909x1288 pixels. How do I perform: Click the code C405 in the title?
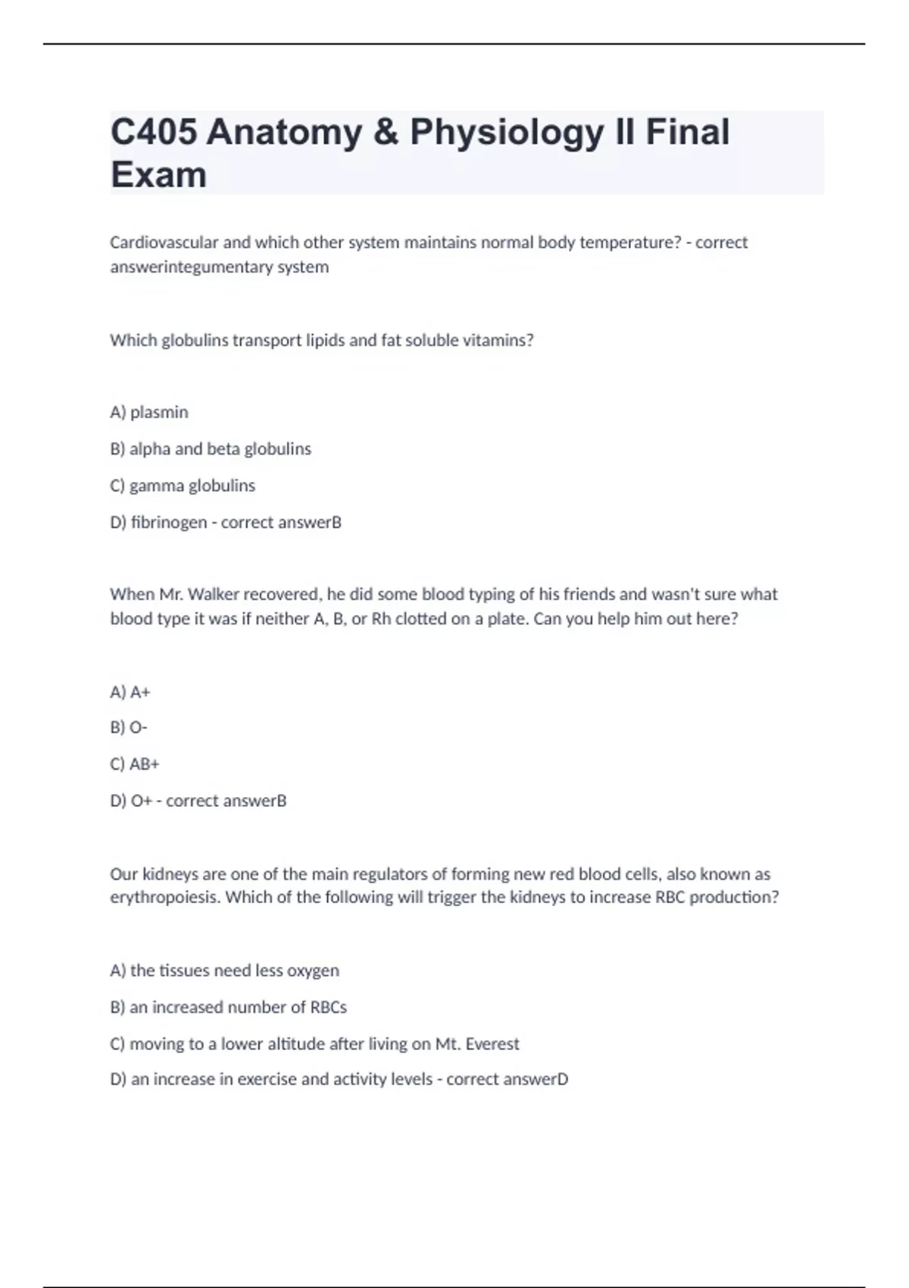pyautogui.click(x=154, y=133)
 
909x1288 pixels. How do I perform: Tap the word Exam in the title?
pyautogui.click(x=158, y=175)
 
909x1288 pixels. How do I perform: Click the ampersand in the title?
pyautogui.click(x=386, y=133)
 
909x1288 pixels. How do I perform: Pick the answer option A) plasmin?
pyautogui.click(x=149, y=412)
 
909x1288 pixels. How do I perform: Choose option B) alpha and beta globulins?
pyautogui.click(x=211, y=449)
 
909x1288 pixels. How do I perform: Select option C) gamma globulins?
pyautogui.click(x=183, y=486)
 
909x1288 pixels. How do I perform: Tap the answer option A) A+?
pyautogui.click(x=130, y=692)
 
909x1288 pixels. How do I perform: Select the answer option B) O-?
pyautogui.click(x=129, y=727)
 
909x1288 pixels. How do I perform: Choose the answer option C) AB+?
pyautogui.click(x=135, y=764)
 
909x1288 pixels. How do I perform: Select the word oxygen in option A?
pyautogui.click(x=313, y=971)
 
